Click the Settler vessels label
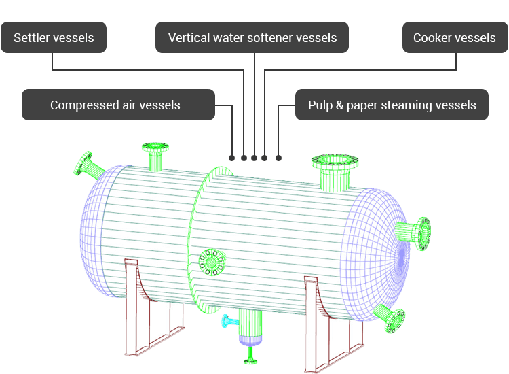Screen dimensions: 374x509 tap(54, 37)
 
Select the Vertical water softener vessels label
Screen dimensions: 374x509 tap(252, 37)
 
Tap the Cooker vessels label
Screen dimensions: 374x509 tap(454, 37)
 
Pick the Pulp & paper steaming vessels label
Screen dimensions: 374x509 tap(392, 105)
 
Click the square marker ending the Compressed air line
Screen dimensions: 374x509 tap(232, 158)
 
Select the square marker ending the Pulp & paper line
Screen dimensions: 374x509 tap(279, 158)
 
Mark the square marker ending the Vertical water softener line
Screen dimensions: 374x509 tap(254, 158)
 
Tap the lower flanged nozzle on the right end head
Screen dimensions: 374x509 tap(393, 318)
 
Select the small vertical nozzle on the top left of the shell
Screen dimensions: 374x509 tap(155, 156)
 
